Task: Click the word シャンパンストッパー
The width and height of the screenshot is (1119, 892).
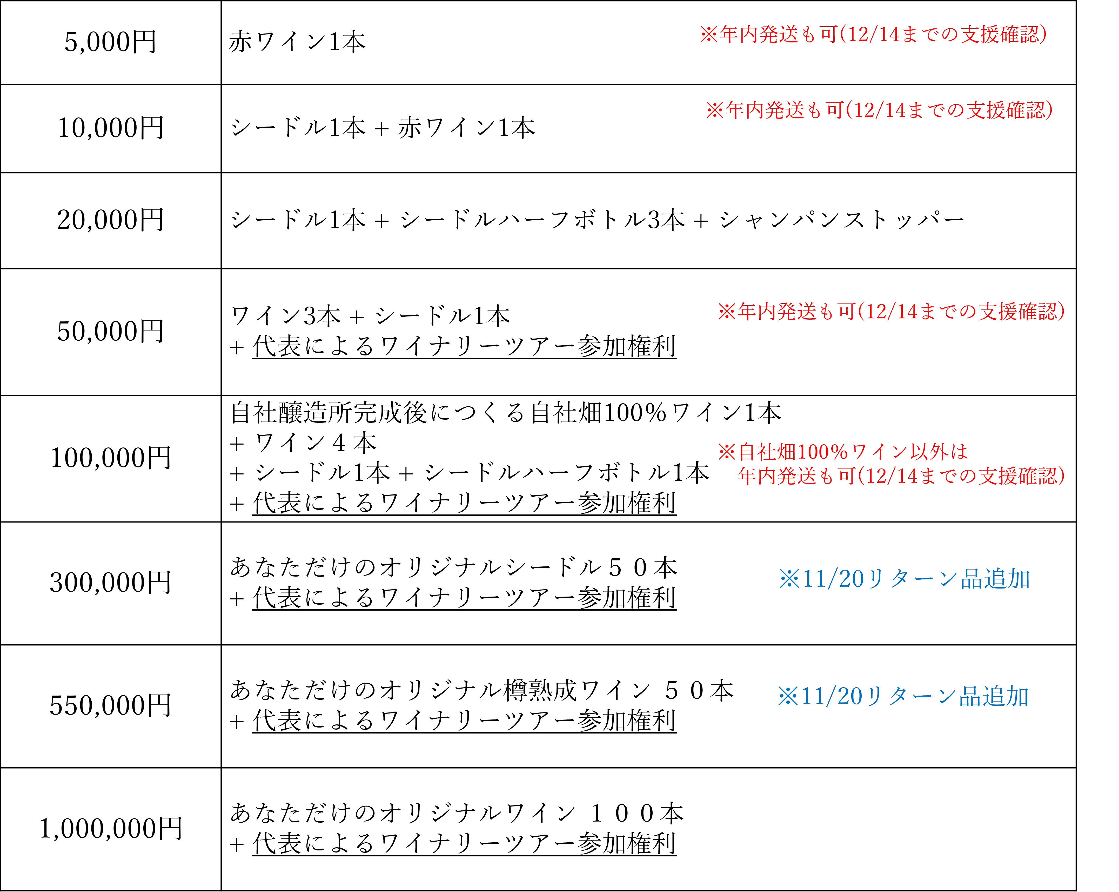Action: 842,220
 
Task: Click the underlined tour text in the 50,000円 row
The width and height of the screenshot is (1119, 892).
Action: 465,346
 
